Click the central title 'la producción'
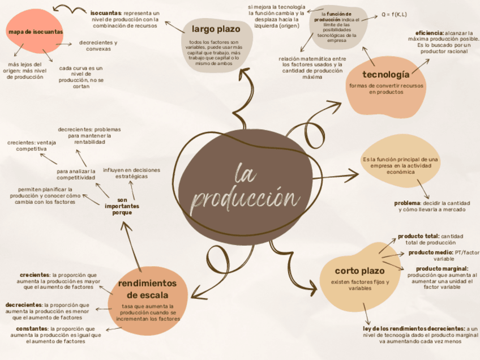pos(245,186)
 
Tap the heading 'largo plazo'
pos(216,29)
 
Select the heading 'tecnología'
pos(386,74)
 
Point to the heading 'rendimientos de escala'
pos(147,289)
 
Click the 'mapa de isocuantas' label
pos(36,32)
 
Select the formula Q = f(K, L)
pos(394,14)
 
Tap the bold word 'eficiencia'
pos(429,33)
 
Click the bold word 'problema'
pos(406,203)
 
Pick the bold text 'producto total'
pos(418,236)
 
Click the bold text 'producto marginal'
pos(442,268)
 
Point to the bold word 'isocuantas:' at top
pos(106,12)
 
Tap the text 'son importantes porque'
pos(122,206)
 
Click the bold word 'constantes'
pos(32,328)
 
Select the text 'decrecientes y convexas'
pos(98,46)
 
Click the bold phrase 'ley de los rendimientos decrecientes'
pos(414,328)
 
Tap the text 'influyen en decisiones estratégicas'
pos(131,173)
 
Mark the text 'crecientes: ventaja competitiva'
pos(32,145)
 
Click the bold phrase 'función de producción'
pos(335,16)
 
